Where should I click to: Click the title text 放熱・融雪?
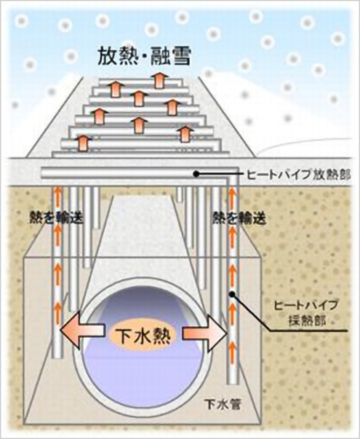point(144,57)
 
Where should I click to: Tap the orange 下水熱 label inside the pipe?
point(143,336)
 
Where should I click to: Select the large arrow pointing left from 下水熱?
point(82,331)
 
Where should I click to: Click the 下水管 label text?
point(223,405)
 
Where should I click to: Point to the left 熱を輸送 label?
point(57,218)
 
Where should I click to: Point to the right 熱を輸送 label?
point(239,218)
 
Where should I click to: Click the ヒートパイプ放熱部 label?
point(299,175)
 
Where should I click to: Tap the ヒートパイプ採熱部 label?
point(306,312)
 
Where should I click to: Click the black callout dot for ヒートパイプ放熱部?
point(196,174)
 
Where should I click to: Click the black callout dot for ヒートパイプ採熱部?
point(231,294)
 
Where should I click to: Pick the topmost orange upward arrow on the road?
point(160,80)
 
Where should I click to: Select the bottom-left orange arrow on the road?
point(82,143)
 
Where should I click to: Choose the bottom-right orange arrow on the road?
point(184,134)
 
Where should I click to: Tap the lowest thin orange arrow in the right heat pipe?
point(232,348)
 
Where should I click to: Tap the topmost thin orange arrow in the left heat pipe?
point(57,194)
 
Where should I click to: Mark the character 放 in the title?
point(107,57)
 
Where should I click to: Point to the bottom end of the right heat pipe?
point(233,384)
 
